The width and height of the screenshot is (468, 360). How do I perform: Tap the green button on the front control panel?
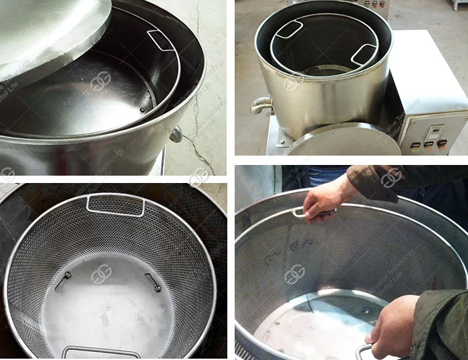416,144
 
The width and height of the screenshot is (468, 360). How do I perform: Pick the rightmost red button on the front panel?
441,144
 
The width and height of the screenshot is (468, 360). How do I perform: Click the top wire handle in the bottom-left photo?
115,205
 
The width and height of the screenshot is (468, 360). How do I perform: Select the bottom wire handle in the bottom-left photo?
100,351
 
